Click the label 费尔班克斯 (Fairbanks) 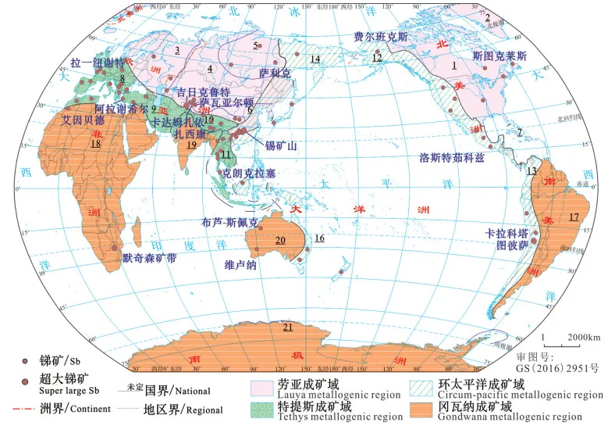[380, 36]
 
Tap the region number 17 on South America [574, 217]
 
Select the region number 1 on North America [453, 65]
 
